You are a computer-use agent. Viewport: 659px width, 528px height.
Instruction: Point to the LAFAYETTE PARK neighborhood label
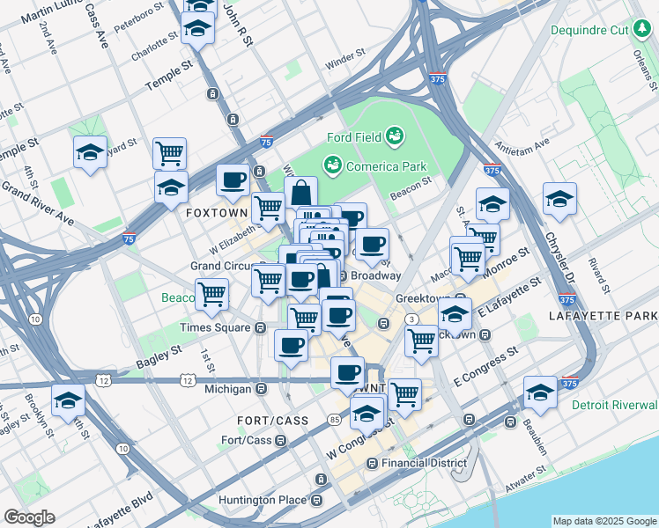pos(603,315)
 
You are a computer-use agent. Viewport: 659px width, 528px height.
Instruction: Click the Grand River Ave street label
pos(36,202)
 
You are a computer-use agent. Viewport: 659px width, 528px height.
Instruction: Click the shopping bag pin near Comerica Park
pos(301,193)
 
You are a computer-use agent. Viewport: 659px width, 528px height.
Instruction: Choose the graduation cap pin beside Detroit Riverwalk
pos(540,392)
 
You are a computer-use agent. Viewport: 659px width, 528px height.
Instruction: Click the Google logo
pos(29,517)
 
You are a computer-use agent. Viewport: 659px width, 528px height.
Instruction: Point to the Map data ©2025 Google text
pos(603,521)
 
